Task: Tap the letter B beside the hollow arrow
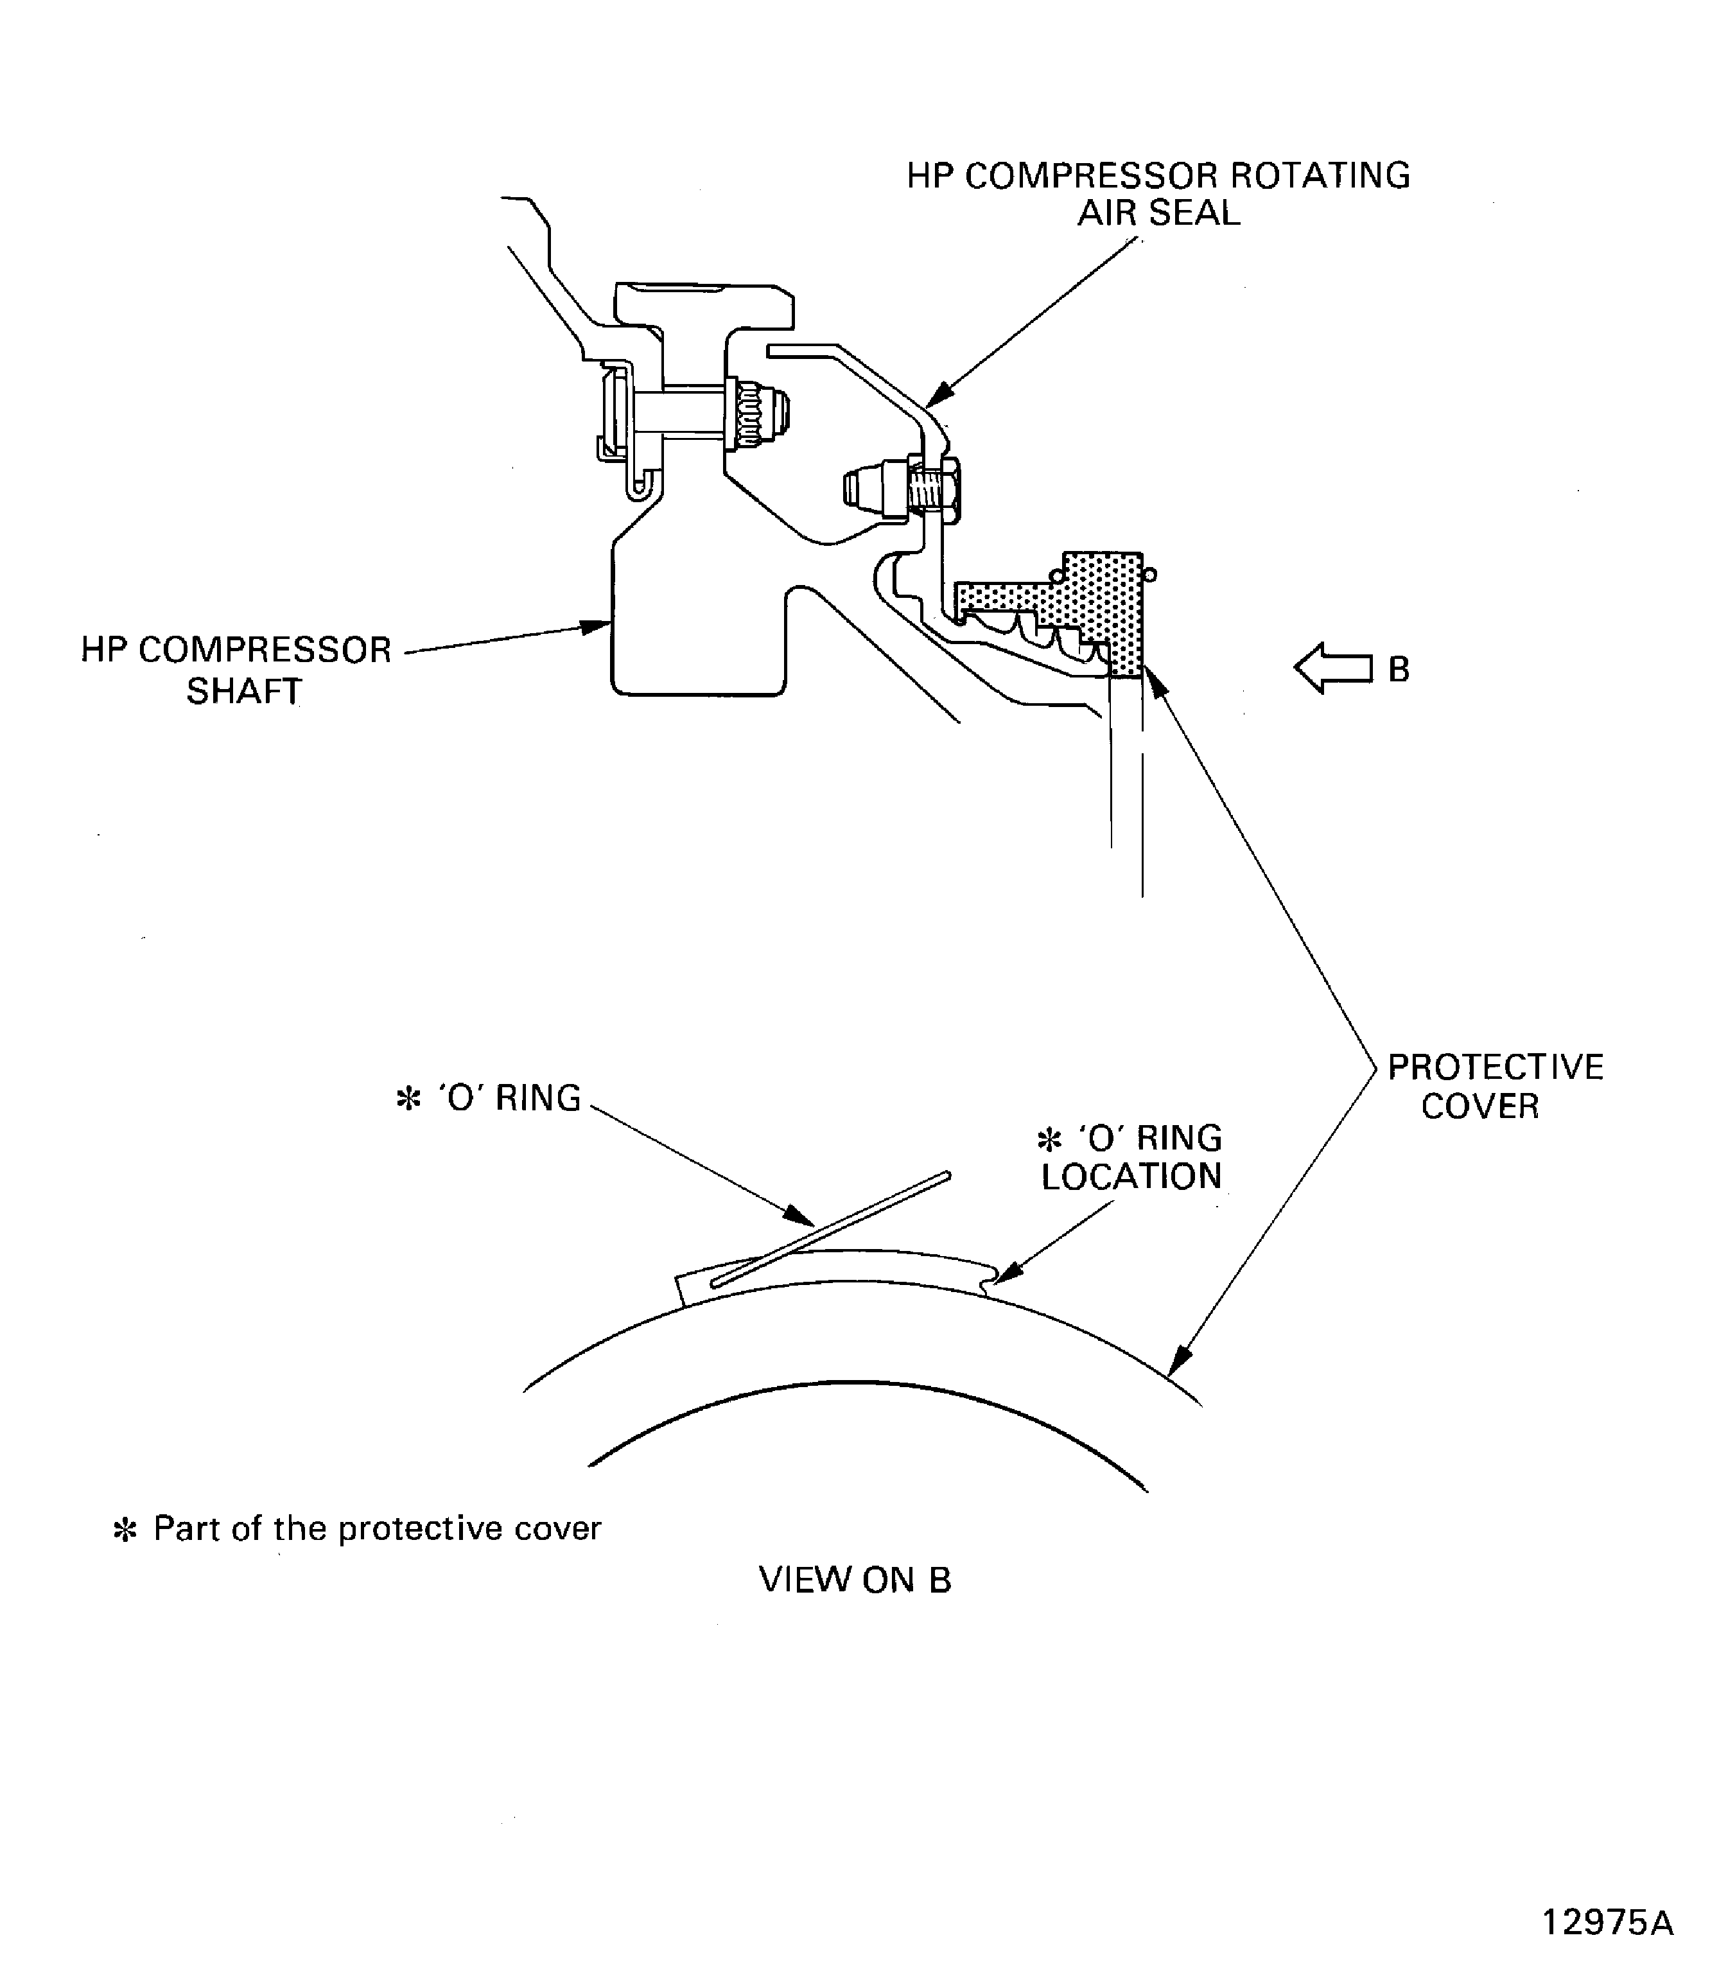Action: click(x=1399, y=670)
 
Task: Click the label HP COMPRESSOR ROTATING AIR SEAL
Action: click(x=1158, y=194)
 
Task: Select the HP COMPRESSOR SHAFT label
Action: click(x=237, y=670)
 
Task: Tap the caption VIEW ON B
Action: click(x=855, y=1580)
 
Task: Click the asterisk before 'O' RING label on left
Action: click(x=408, y=1099)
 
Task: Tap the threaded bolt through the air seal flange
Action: click(x=923, y=489)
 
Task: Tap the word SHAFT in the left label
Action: click(x=243, y=691)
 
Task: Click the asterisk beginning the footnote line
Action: click(x=125, y=1530)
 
